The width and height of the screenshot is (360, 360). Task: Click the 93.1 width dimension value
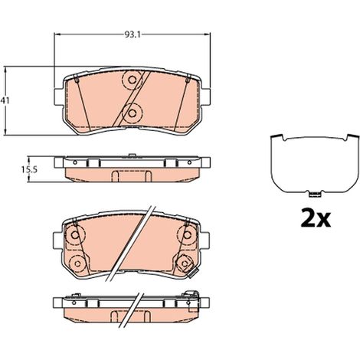coord(133,34)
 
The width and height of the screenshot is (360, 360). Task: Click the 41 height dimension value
coord(5,100)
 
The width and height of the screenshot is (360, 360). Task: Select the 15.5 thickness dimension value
coord(29,169)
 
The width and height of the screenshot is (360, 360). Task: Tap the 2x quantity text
coord(316,218)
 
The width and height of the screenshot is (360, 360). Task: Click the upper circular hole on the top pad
coord(132,80)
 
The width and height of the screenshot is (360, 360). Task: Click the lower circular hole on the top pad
coord(132,113)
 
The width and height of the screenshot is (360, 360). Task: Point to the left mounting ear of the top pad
coord(59,97)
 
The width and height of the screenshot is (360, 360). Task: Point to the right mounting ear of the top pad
coord(206,97)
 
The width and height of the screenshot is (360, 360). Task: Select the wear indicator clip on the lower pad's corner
coord(192,273)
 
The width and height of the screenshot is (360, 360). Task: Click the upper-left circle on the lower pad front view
coord(74,234)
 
